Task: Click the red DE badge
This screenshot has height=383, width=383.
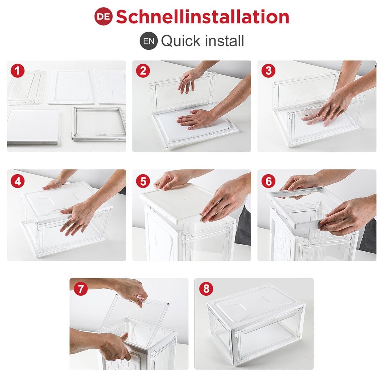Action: click(x=103, y=16)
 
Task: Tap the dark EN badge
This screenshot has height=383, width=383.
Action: click(x=149, y=41)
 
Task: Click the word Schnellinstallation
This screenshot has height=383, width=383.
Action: click(x=203, y=16)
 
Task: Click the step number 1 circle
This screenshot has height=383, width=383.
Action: click(x=18, y=71)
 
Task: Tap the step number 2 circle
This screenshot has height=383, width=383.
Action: click(x=143, y=71)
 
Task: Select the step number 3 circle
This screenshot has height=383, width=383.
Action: click(x=268, y=71)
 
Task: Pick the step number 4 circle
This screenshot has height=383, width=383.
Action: click(x=18, y=181)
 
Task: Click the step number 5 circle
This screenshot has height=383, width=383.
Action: click(x=143, y=181)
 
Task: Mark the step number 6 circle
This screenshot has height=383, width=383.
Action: click(x=268, y=181)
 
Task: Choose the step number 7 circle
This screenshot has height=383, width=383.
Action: click(x=80, y=289)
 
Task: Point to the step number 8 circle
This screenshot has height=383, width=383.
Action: click(x=206, y=289)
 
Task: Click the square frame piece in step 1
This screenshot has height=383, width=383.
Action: click(x=99, y=124)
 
